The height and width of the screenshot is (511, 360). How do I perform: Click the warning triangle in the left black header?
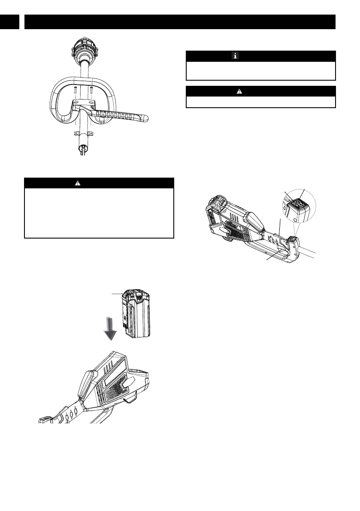[78, 183]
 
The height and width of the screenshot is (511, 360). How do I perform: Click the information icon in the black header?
[235, 56]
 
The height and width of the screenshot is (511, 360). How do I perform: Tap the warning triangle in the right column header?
[239, 91]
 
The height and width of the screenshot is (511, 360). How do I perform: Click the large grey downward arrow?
[111, 327]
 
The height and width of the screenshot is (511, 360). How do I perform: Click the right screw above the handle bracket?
[91, 91]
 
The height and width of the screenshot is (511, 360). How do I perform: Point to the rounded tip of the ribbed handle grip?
[144, 118]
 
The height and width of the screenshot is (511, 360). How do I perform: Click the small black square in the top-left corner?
[10, 22]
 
